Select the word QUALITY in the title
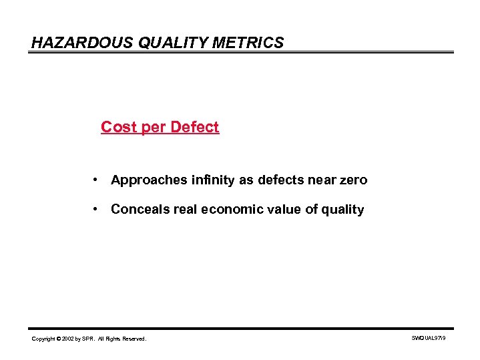(x=162, y=43)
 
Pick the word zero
(x=352, y=180)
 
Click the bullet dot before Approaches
(x=97, y=180)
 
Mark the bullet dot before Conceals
(x=97, y=210)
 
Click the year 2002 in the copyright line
(x=67, y=339)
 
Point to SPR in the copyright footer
(x=89, y=339)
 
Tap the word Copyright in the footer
(x=44, y=339)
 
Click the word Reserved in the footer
(x=134, y=339)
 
